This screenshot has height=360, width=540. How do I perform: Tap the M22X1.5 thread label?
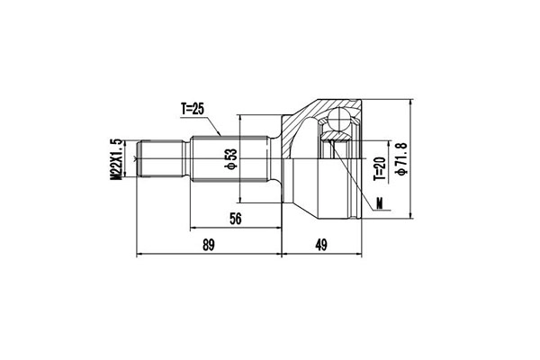click(x=116, y=159)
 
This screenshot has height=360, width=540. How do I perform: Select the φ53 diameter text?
click(x=230, y=159)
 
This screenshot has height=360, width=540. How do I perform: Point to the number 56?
click(x=235, y=219)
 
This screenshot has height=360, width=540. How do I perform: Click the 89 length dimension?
click(x=208, y=245)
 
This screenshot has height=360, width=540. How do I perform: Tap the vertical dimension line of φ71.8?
click(x=409, y=158)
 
